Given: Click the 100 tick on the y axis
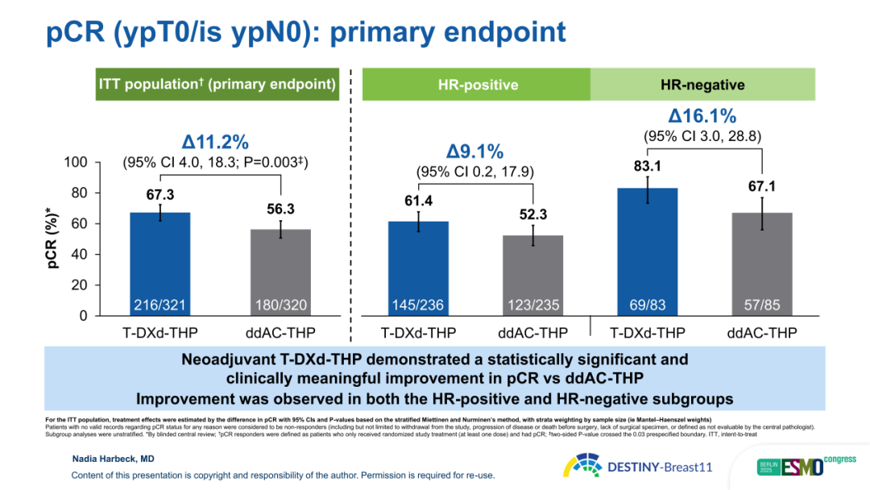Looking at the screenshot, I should (x=76, y=163).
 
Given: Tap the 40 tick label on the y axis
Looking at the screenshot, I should (x=79, y=255).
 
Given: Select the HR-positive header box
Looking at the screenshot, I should (x=478, y=85).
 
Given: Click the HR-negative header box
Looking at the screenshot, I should (x=702, y=85).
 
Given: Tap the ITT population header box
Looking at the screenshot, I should (x=217, y=85).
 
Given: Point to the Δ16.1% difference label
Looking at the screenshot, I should (x=702, y=116).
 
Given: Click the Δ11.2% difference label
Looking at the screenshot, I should (x=215, y=143).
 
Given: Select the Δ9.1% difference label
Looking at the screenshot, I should (x=475, y=152).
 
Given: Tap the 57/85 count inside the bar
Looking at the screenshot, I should (x=762, y=305).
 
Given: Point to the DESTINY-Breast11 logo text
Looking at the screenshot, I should (x=660, y=467).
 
